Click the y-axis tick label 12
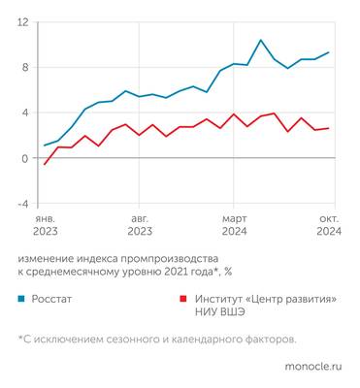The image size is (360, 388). pos(22,22)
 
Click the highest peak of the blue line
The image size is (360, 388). pos(260,41)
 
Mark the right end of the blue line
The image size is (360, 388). pos(329,52)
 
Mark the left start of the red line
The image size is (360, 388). pos(45,165)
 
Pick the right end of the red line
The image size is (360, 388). pos(329,128)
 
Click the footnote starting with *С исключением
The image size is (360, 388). pos(156,339)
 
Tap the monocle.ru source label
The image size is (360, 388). pos(311,367)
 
